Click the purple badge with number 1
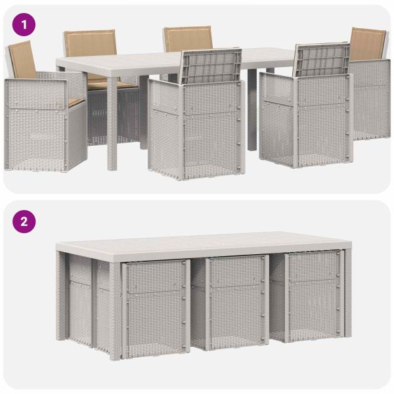pos(25,25)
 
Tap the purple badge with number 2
pos(25,221)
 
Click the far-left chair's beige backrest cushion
pos(22,59)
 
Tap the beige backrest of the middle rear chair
pos(188,38)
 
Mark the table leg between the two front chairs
pos(252,112)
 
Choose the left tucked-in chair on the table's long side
pos(154,305)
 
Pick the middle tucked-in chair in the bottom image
pos(236,302)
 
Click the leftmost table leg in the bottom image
pos(60,295)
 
